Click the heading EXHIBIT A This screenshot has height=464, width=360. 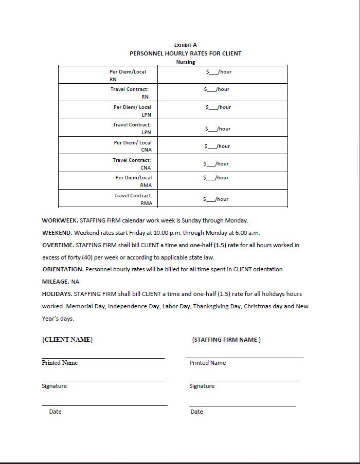point(185,45)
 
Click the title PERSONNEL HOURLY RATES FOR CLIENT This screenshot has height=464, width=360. point(185,53)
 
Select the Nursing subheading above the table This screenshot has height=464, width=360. point(186,62)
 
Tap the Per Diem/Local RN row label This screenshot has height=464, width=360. point(128,76)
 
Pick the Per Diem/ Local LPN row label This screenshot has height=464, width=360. point(133,111)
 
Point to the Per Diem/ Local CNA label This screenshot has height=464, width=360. point(133,146)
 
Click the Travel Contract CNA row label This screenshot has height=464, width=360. point(132,163)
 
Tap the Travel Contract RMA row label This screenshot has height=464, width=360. point(133,199)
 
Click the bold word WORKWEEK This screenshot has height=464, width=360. point(60,220)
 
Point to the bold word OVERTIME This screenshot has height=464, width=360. point(58,245)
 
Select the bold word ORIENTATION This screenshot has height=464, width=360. point(62,269)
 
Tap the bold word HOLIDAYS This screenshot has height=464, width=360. point(57,294)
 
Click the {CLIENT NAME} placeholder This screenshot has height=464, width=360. point(67,340)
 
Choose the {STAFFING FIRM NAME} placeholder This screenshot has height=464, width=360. point(226,340)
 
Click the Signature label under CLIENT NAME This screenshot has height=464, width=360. point(54,386)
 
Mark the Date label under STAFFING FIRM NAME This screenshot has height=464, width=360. point(196,412)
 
